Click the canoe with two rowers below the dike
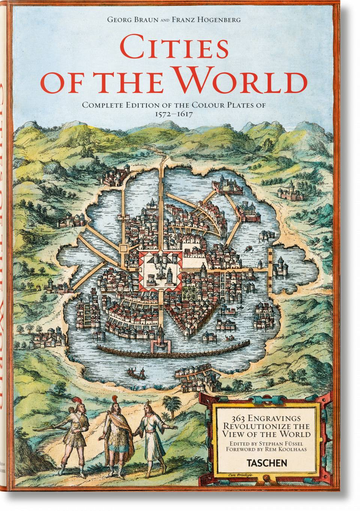(x=136, y=373)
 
